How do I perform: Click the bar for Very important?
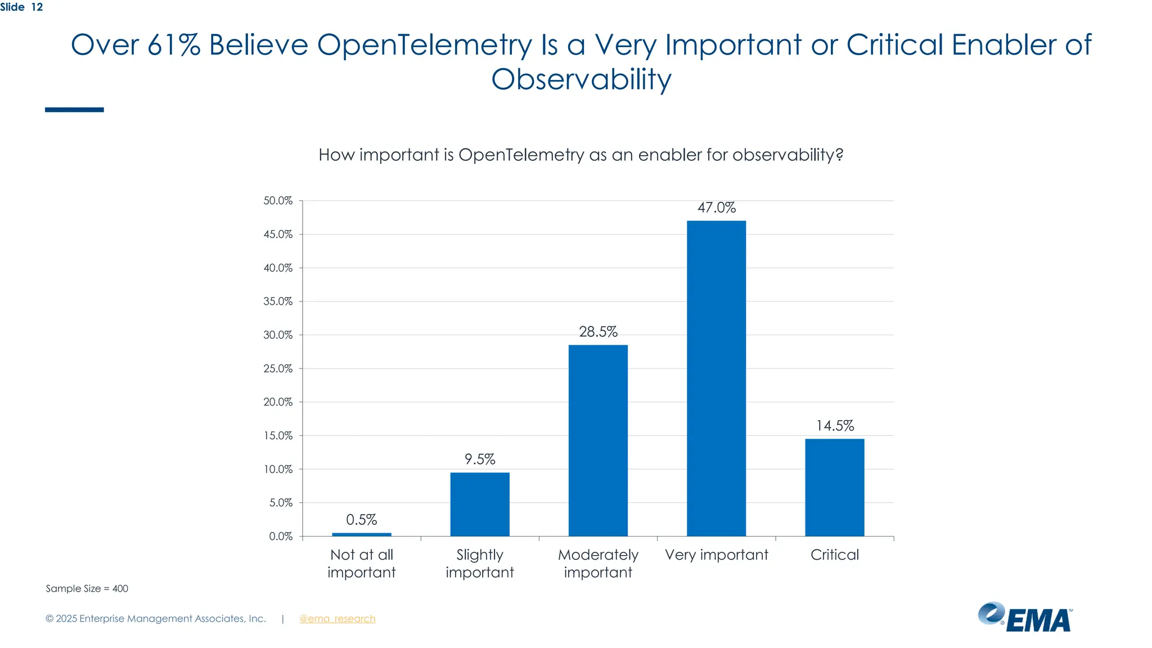[716, 378]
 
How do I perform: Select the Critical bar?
[834, 487]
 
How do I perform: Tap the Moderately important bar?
[598, 440]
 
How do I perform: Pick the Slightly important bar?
[480, 504]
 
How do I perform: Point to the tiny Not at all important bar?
[362, 534]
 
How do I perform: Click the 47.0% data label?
[716, 208]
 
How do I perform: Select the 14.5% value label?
[835, 426]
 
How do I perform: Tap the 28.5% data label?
[598, 332]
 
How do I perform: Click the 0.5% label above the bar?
[361, 520]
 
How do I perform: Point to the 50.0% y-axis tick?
[278, 201]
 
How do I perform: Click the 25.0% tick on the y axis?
[278, 368]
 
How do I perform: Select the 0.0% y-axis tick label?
[280, 537]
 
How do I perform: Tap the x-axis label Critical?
[834, 555]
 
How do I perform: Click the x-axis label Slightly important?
[480, 564]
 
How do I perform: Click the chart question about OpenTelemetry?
[580, 155]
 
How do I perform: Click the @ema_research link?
[337, 619]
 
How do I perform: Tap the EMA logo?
[1025, 618]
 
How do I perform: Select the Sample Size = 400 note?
[87, 588]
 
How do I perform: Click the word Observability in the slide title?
[580, 79]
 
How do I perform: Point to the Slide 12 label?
[21, 7]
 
